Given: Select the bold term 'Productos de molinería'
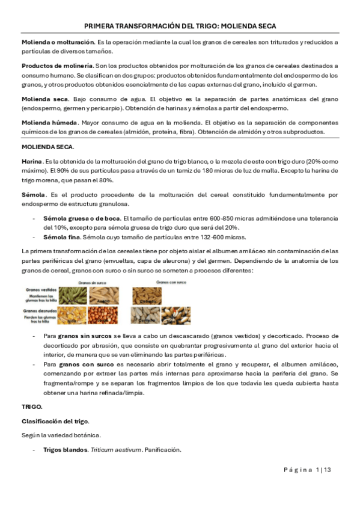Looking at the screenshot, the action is tap(57, 65).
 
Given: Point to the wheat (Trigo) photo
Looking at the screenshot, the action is tap(175, 315).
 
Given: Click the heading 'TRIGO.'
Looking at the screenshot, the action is tap(32, 407).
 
